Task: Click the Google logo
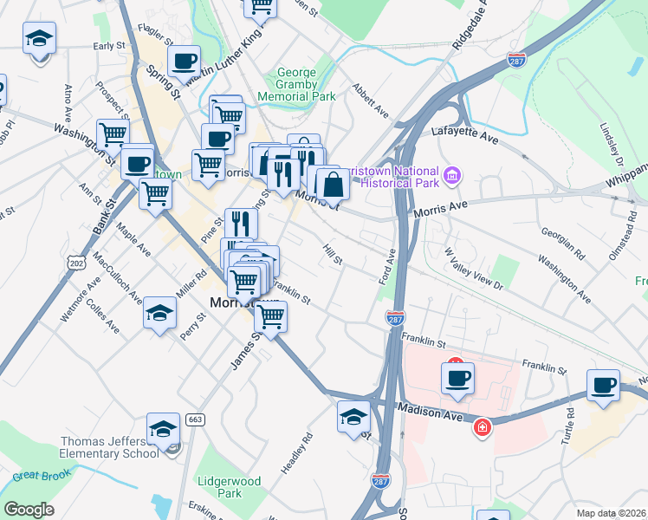pos(28,510)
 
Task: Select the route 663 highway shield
pos(194,419)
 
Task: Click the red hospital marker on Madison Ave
pos(482,427)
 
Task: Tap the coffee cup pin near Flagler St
pos(184,62)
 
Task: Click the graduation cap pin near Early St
pos(39,39)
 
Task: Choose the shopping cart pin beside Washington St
pos(113,134)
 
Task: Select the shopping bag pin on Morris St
pos(333,183)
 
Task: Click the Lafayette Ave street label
pos(466,133)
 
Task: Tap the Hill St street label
pos(333,255)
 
